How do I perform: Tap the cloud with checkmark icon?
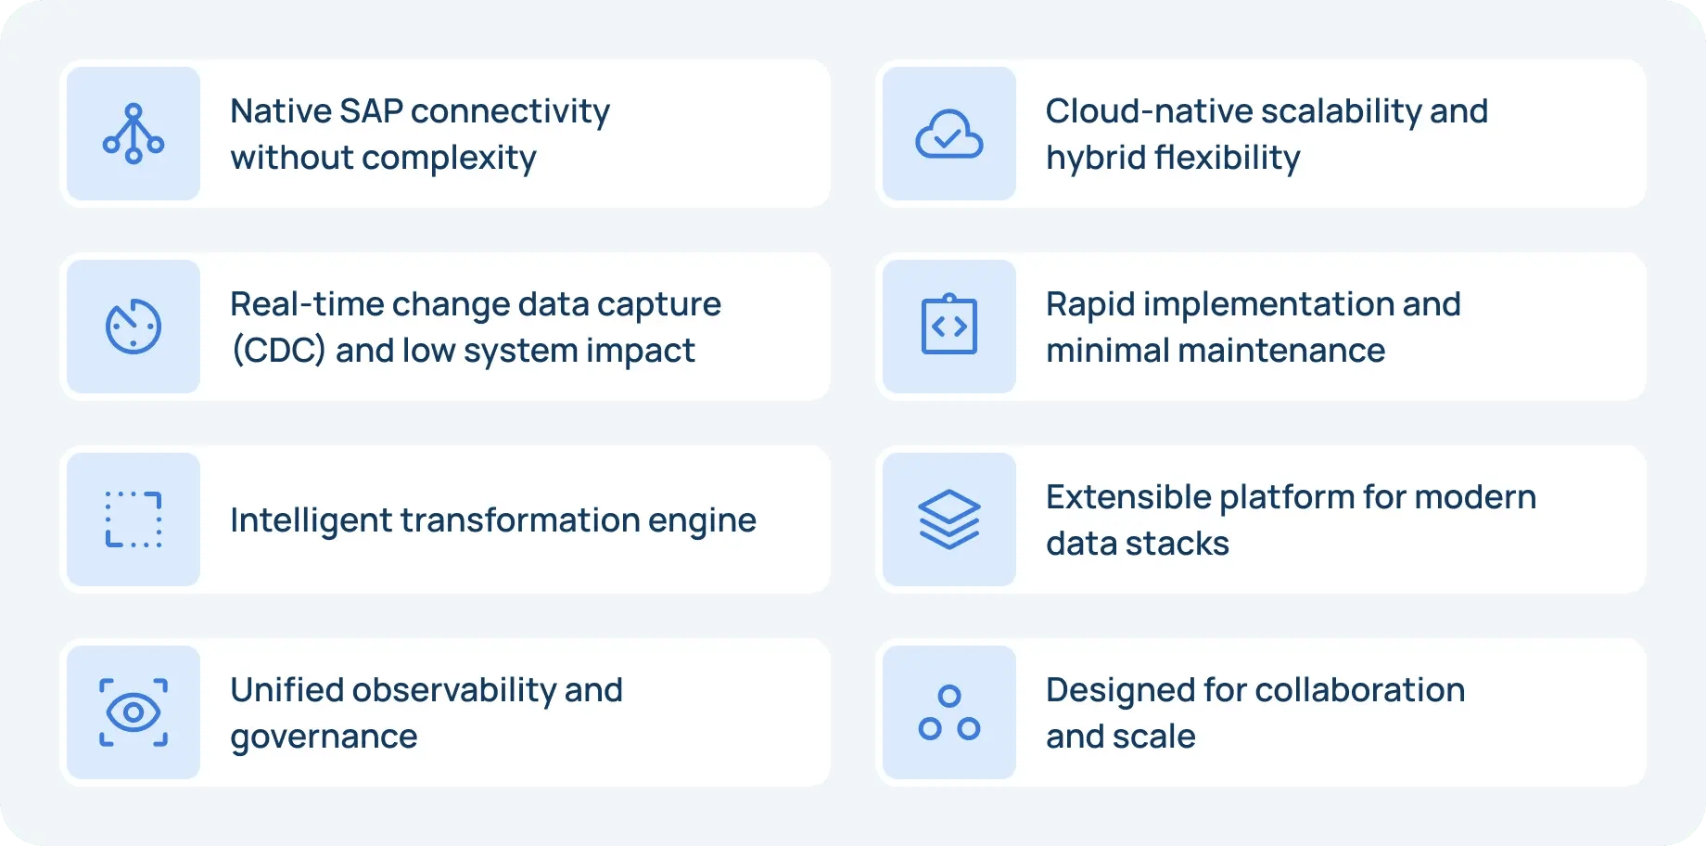click(x=949, y=135)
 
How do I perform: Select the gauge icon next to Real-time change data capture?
click(x=134, y=327)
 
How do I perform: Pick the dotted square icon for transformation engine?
click(x=134, y=519)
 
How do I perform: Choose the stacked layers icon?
click(x=949, y=519)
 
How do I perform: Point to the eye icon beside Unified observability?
click(x=134, y=712)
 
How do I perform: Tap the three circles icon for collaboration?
click(x=949, y=712)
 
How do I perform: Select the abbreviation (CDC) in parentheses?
click(x=278, y=351)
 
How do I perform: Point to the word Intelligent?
click(x=311, y=520)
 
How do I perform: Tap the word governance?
click(x=324, y=737)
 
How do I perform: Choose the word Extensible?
click(x=1128, y=497)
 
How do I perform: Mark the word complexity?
click(x=449, y=159)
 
